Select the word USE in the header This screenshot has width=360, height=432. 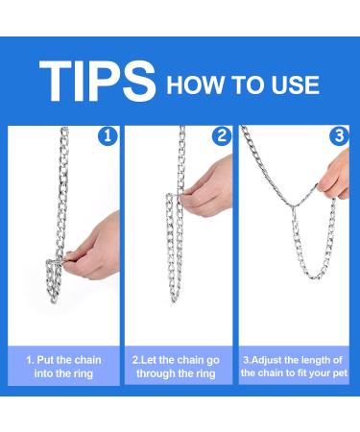pyautogui.click(x=292, y=84)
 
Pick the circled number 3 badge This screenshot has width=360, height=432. pyautogui.click(x=337, y=137)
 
